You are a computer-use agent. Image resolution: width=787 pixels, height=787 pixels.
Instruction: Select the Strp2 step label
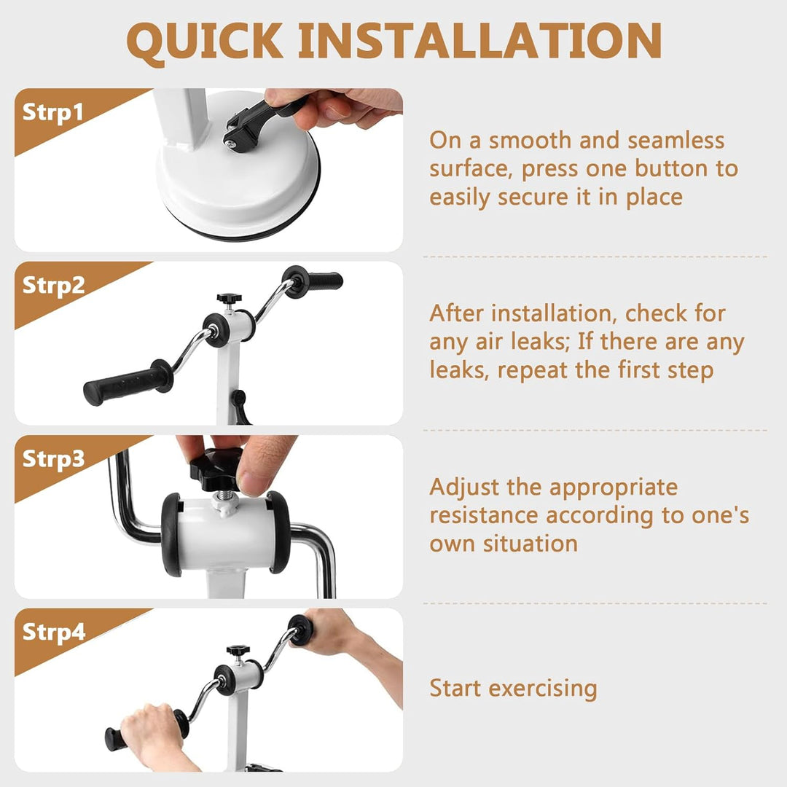tap(54, 286)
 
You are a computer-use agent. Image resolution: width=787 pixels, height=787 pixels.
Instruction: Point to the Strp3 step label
tap(54, 459)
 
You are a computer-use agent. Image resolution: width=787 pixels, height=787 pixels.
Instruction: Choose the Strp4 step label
tap(54, 632)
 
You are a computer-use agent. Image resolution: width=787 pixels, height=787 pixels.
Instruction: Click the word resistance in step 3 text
tap(485, 515)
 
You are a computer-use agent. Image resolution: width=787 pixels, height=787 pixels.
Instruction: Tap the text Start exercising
tap(513, 688)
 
